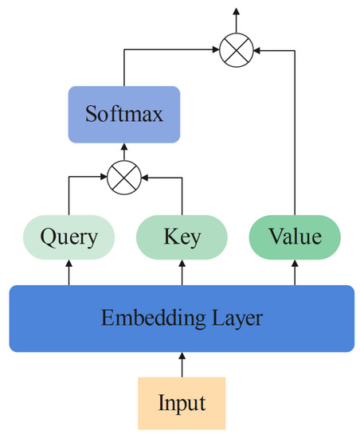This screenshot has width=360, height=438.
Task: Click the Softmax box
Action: [123, 115]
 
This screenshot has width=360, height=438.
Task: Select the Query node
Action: [68, 237]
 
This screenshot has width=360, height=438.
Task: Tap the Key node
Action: [182, 237]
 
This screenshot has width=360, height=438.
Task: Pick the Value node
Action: [294, 237]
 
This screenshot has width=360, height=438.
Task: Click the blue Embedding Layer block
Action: [182, 319]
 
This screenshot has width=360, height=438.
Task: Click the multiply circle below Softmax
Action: [123, 176]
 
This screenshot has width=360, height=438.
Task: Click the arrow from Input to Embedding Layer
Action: [182, 366]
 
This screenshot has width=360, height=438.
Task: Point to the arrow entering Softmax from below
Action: [123, 151]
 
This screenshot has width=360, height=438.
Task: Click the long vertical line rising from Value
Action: [294, 135]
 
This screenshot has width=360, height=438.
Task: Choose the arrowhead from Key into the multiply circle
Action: [144, 176]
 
